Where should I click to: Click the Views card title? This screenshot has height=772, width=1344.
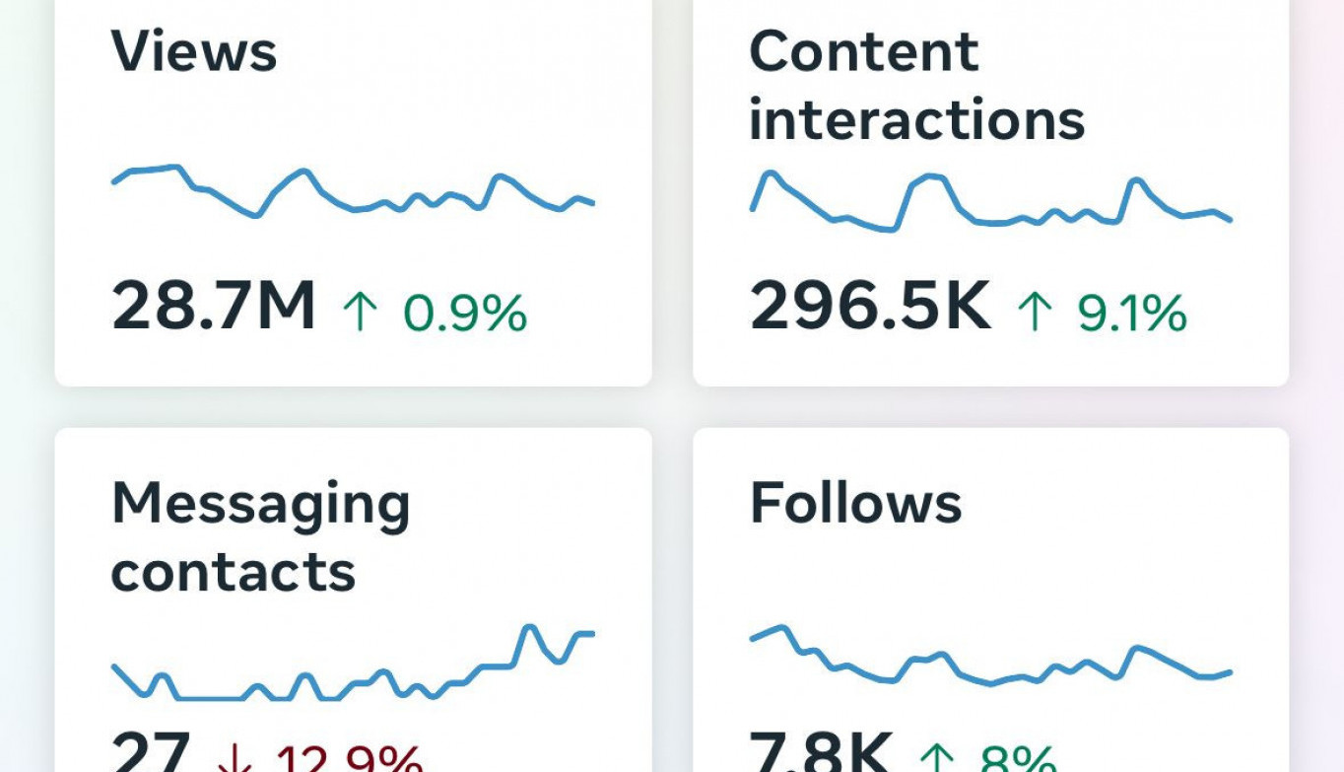click(194, 51)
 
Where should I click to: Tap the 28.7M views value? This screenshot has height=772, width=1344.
click(213, 307)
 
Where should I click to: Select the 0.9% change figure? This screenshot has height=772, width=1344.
click(465, 314)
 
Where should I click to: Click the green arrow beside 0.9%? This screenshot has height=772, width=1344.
click(360, 312)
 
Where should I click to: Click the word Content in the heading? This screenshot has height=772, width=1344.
click(864, 51)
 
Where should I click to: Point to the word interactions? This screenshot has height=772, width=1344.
click(916, 120)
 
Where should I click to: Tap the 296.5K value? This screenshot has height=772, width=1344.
click(870, 307)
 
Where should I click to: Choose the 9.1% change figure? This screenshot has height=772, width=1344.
click(1131, 314)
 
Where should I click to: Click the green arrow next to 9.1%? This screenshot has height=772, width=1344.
click(1035, 312)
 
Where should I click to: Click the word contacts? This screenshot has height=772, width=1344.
click(233, 572)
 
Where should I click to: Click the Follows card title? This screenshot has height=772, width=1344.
click(855, 503)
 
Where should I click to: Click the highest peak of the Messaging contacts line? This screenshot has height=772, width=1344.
click(529, 626)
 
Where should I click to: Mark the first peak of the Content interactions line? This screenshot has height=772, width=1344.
click(770, 174)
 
